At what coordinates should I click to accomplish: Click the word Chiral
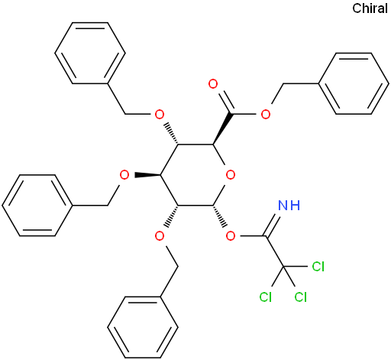coord(370,8)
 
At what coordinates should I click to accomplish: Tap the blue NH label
coord(289,205)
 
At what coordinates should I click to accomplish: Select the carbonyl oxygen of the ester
coord(213,84)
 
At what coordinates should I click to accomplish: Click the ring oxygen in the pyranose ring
coord(231,175)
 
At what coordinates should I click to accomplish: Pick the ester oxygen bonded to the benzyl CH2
coord(266,115)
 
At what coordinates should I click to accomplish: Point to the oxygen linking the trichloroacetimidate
coord(231,236)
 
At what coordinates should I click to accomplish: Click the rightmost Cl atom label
coord(318,267)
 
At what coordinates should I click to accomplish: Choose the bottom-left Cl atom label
coord(266,297)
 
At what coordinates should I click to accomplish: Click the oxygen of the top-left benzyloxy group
coord(160,115)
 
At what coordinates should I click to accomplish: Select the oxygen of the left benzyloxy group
coord(124,175)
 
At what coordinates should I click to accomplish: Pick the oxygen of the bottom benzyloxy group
coord(160,236)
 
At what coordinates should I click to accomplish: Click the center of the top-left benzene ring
coord(90,53)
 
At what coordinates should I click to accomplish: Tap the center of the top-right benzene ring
coord(354,83)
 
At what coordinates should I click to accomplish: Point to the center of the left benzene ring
coord(37,206)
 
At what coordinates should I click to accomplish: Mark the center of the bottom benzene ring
coord(143,327)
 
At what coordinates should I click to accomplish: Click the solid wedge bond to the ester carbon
coord(222,128)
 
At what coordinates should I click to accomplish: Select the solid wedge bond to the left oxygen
coord(147,175)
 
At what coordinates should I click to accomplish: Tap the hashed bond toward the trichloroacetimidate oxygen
coord(219,216)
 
